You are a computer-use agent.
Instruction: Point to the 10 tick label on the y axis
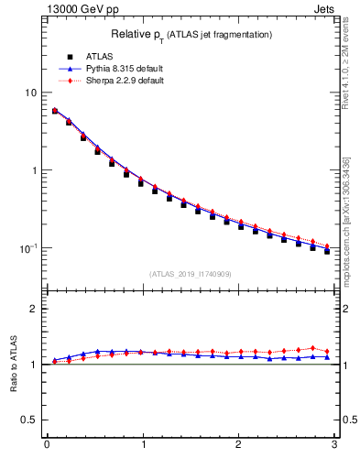point(31,93)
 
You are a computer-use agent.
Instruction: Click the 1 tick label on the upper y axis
point(34,170)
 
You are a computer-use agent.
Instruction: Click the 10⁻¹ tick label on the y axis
point(29,247)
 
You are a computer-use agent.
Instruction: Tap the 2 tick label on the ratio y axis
point(34,309)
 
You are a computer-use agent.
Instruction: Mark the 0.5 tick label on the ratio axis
point(30,420)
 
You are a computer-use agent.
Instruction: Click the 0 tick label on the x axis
point(47,445)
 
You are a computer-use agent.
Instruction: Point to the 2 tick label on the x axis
point(238,445)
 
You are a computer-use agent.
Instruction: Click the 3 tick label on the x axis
point(333,445)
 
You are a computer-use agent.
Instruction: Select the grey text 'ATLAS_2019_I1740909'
point(191,273)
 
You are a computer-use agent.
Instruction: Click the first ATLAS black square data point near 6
point(55,111)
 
